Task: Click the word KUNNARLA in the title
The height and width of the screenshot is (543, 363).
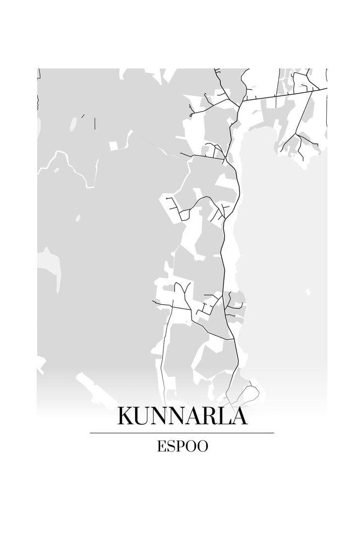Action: coord(181,416)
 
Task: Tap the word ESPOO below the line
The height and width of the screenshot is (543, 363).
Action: coord(182,446)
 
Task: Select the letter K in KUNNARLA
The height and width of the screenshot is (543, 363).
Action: coord(125,416)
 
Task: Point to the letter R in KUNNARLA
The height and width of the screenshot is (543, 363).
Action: coord(206,416)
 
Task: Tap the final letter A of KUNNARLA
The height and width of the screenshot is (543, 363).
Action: coord(238,416)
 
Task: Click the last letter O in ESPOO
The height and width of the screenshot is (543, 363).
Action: coord(202,446)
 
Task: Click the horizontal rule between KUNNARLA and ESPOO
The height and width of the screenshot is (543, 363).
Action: coord(181,433)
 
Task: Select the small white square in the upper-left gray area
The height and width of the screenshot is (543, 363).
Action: coord(114,145)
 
